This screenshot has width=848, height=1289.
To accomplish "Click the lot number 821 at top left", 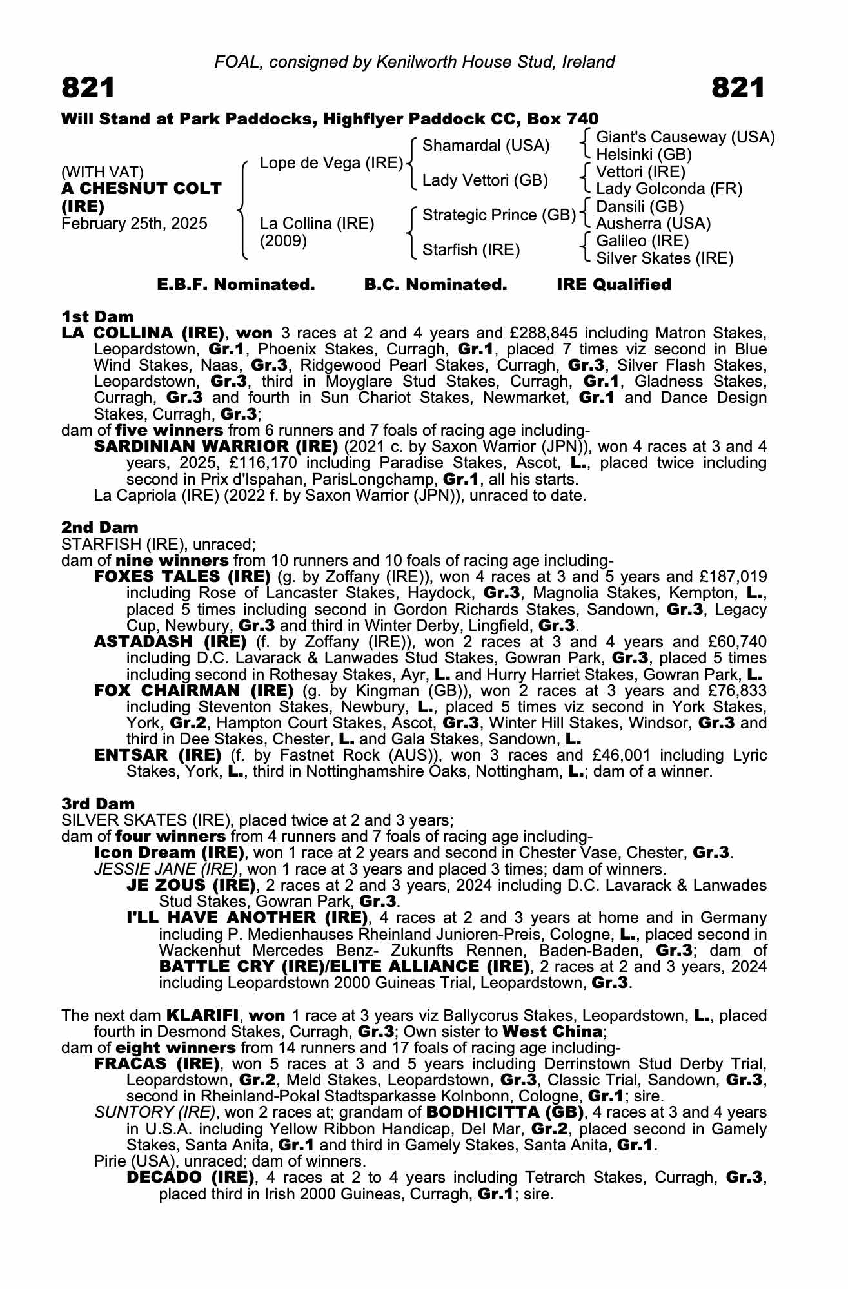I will point(88,88).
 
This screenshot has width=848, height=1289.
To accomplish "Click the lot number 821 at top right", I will point(738,88).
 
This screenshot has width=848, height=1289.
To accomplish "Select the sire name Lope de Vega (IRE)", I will point(331,163).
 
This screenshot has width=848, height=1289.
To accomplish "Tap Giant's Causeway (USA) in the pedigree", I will point(685,137).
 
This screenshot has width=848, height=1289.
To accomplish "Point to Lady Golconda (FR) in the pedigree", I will point(669,189).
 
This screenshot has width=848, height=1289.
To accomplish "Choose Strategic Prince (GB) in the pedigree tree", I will point(498,215).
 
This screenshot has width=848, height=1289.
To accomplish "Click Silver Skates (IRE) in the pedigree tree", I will point(664,258).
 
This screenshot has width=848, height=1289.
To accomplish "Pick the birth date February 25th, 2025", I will point(134,224).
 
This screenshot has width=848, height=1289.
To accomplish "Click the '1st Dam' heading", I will point(97,316).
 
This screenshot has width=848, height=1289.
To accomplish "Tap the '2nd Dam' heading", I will point(99,528).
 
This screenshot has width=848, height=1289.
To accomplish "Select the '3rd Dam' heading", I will point(98,804).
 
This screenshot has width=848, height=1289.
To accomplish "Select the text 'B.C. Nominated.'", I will point(435,285).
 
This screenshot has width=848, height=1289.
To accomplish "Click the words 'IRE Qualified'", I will point(614,285).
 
